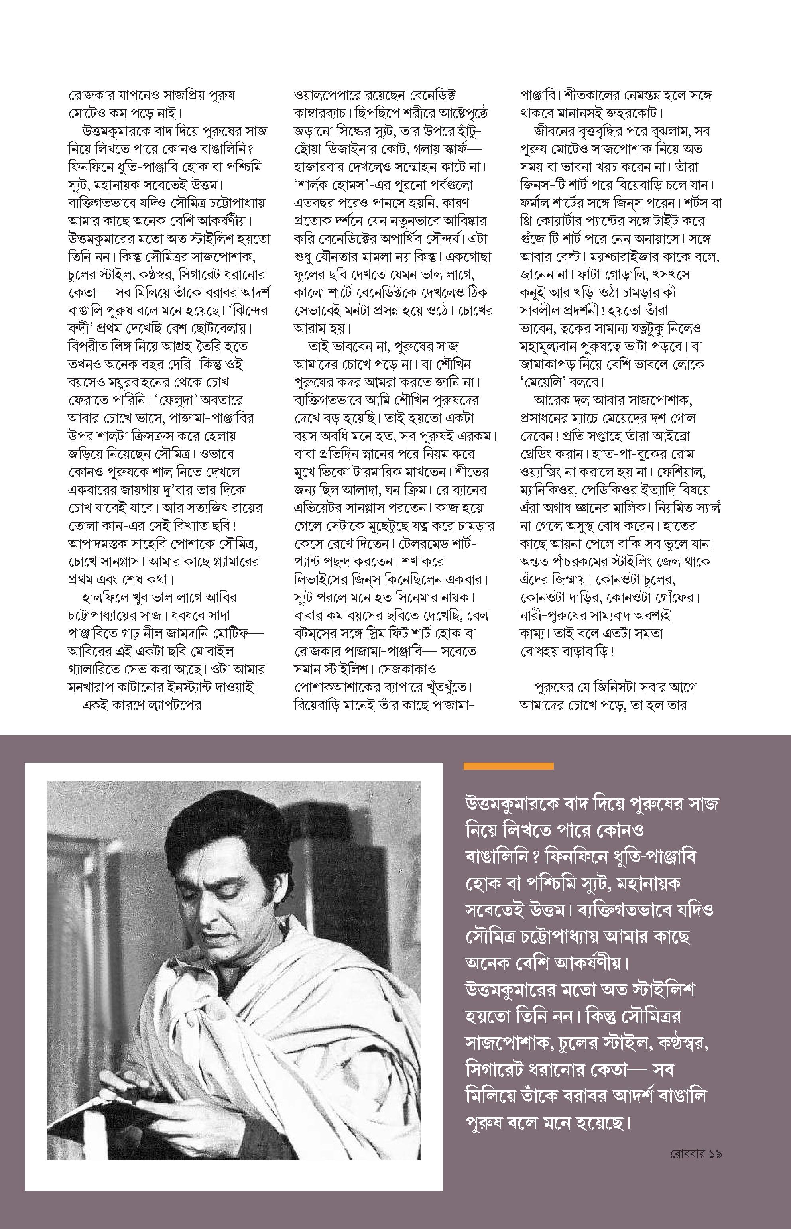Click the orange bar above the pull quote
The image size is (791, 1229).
pyautogui.click(x=508, y=766)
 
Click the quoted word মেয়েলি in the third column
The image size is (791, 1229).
pyautogui.click(x=546, y=383)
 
